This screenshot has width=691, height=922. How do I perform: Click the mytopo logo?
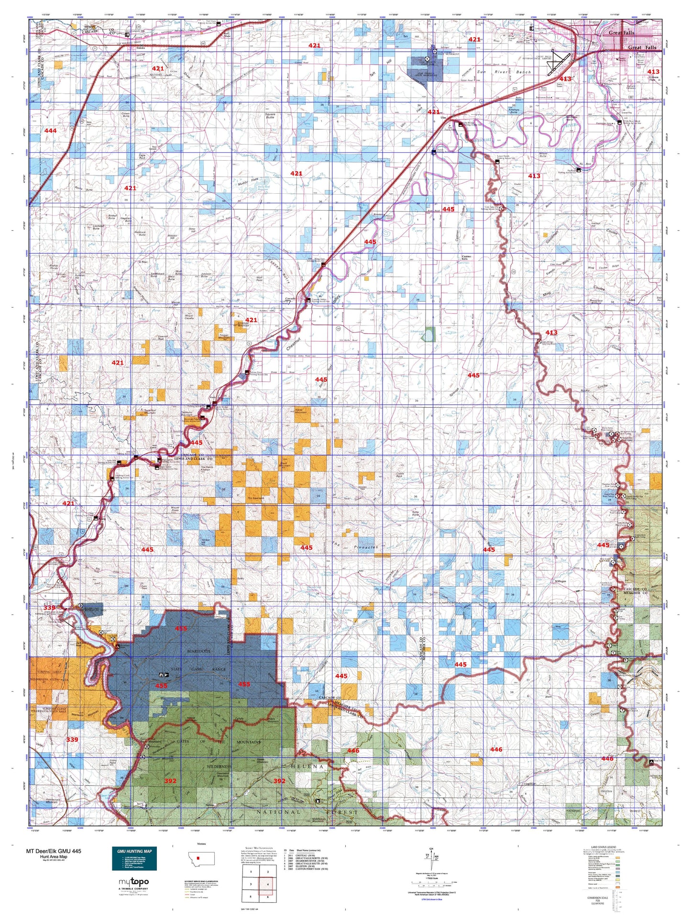pos(133,881)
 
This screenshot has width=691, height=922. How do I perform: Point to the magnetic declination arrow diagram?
pos(434,860)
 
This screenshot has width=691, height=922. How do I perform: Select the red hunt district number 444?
pos(50,131)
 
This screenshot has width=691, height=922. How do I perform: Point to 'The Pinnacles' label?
pos(354,546)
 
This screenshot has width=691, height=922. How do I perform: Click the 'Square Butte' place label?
pos(270,116)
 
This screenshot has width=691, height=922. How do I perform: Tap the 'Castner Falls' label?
pos(466,258)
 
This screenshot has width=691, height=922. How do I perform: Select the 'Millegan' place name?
pos(560,581)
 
